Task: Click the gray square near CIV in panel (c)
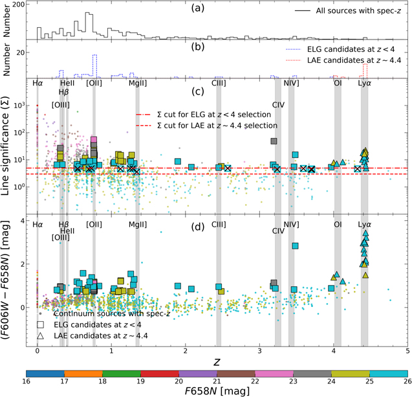pyautogui.click(x=274, y=141)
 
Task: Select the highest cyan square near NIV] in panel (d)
pyautogui.click(x=295, y=245)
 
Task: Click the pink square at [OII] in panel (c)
pyautogui.click(x=94, y=140)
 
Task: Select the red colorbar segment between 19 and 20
pyautogui.click(x=160, y=374)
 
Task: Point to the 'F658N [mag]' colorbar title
pyautogui.click(x=217, y=392)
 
